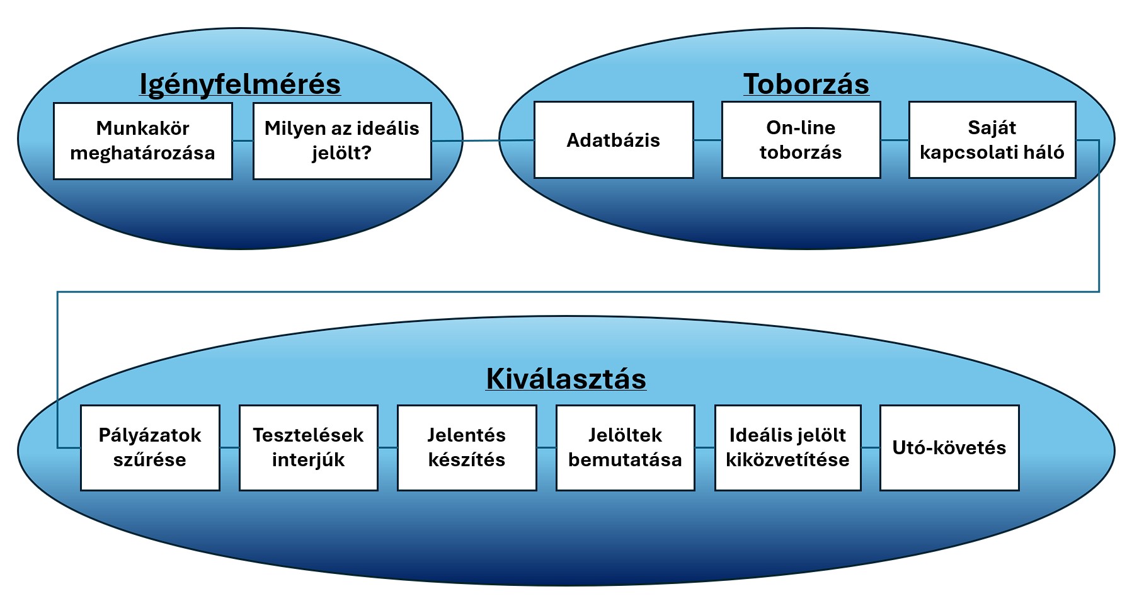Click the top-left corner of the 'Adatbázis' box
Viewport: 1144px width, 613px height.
534,102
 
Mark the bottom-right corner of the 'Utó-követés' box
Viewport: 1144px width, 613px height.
1019,490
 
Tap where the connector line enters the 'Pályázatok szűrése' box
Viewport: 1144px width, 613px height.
81,448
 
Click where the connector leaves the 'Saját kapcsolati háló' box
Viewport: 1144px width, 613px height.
1076,140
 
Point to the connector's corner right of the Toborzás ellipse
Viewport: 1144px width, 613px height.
1099,140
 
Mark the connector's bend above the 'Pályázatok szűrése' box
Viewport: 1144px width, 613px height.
57,292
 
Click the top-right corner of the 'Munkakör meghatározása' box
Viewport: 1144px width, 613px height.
232,103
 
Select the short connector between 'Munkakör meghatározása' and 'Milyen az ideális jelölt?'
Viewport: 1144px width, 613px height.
243,141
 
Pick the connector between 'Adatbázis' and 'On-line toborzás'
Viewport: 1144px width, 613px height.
707,140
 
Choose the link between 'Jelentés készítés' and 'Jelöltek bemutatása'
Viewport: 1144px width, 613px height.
546,448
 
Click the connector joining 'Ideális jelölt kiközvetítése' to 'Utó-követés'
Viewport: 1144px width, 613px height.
870,448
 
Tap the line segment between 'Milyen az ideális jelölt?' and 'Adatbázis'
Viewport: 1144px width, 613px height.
483,140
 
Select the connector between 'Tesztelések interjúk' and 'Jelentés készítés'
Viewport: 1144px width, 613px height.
387,448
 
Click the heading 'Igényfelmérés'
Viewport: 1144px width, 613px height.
240,84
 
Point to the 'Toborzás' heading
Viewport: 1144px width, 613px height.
806,84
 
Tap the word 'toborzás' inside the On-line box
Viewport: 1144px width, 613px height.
801,152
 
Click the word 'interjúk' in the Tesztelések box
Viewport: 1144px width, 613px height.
309,460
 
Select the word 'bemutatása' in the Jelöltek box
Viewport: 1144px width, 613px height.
625,460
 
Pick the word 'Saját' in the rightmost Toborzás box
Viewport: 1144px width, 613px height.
992,128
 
